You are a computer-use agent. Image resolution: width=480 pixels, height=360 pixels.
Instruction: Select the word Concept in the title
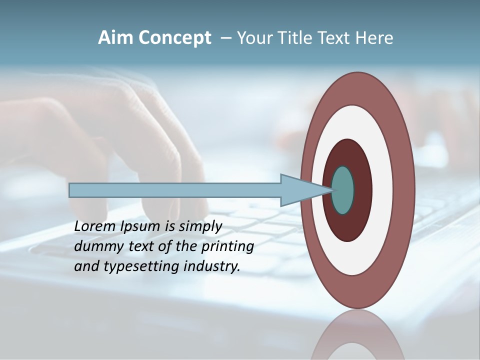(x=175, y=38)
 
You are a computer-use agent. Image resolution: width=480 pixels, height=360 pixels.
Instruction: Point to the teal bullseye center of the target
(x=343, y=190)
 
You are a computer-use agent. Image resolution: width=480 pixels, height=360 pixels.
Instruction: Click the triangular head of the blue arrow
(x=300, y=190)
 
